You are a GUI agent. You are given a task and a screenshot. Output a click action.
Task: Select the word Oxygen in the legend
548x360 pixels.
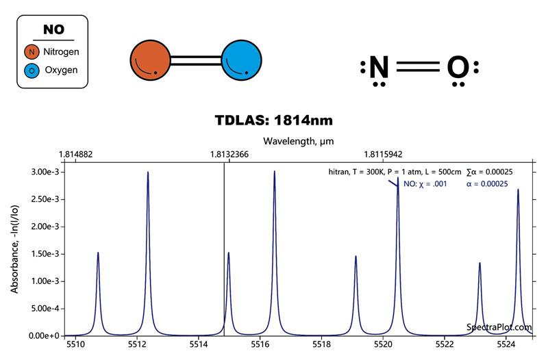[61, 70]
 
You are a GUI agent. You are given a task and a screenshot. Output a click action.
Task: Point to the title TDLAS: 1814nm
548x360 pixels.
[274, 121]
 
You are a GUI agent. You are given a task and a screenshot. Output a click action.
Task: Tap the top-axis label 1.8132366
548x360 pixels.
[224, 155]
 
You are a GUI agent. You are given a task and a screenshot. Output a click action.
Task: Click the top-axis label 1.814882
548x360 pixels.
[76, 155]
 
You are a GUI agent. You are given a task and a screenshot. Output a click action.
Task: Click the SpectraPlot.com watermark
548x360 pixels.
[499, 328]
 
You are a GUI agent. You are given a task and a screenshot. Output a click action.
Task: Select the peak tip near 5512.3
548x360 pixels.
[148, 172]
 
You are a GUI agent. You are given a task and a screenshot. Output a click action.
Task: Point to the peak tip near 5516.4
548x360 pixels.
[274, 172]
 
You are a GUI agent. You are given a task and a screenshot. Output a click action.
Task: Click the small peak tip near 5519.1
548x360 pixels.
[356, 257]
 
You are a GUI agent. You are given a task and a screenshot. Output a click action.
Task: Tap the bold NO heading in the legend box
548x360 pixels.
[53, 30]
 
